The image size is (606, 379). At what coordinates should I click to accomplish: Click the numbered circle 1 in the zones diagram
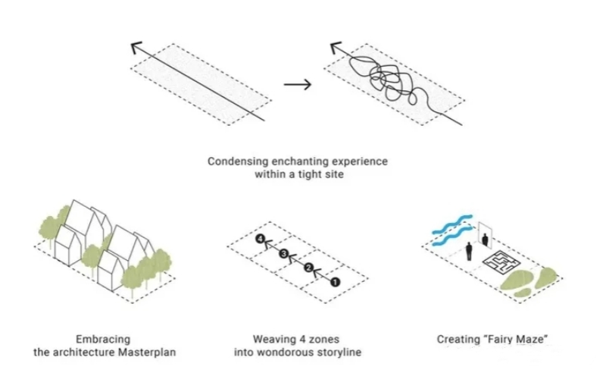336,281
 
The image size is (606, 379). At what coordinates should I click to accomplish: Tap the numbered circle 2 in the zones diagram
308,268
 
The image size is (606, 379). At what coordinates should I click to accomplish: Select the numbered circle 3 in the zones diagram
283,254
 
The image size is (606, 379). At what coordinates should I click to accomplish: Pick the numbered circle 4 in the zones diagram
260,240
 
